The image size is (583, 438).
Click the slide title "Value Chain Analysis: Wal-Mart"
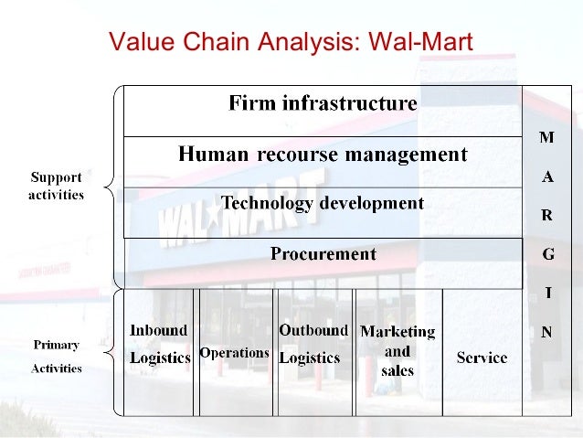pos(290,42)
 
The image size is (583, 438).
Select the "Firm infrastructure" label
pos(323,102)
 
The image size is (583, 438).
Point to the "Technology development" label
pos(323,203)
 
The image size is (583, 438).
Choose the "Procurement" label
pos(323,254)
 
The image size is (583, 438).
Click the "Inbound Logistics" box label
pos(159,344)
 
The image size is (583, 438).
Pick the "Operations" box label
pos(234,352)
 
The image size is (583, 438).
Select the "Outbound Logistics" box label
pos(313,344)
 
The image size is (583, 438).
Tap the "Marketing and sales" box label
pos(397,350)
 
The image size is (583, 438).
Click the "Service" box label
pos(482,358)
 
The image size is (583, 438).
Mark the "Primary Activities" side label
pos(57,357)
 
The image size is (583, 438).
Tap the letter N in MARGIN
pos(546,333)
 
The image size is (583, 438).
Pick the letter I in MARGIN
pos(546,294)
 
